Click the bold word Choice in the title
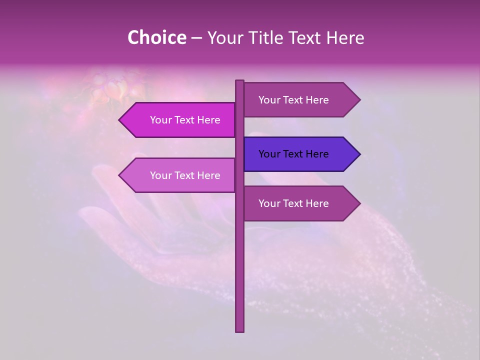[x=156, y=37]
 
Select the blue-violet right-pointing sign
[x=300, y=154]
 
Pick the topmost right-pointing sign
[x=300, y=100]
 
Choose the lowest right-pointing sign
[x=300, y=203]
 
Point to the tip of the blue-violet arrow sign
[x=359, y=154]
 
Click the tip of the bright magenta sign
[x=119, y=120]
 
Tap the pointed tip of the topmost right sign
[x=359, y=100]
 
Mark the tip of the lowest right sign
[x=359, y=203]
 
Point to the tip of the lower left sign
[x=119, y=175]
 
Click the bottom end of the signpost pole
[x=240, y=330]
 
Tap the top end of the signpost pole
[x=240, y=81]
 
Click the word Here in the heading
[x=345, y=37]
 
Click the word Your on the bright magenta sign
[x=160, y=120]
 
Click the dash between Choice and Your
[x=196, y=38]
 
